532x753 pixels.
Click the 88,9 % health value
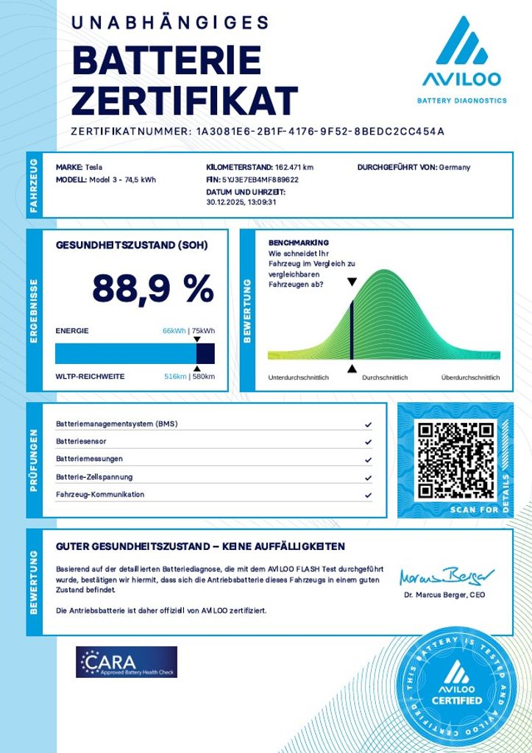152,289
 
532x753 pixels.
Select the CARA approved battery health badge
127,662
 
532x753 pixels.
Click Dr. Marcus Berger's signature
447,576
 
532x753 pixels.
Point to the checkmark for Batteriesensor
368,442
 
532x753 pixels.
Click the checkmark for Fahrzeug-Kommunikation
368,495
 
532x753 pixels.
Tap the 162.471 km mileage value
294,167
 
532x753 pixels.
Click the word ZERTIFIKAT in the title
185,99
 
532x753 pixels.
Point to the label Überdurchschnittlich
470,377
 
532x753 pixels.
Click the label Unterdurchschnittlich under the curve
298,377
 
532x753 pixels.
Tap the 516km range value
174,376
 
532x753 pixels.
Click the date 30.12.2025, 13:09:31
241,202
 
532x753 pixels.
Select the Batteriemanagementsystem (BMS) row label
116,424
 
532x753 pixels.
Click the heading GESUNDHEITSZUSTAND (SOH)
132,245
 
